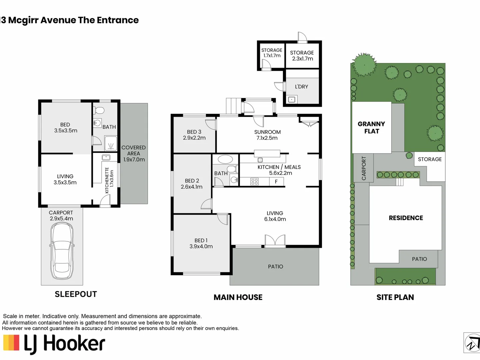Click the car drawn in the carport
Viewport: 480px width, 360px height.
pyautogui.click(x=62, y=251)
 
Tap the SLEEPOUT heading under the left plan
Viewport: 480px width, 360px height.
pyautogui.click(x=76, y=294)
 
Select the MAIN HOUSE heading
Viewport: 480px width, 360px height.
pyautogui.click(x=238, y=297)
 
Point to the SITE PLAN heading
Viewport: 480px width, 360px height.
pyautogui.click(x=395, y=297)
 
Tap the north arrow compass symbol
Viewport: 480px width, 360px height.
pyautogui.click(x=472, y=343)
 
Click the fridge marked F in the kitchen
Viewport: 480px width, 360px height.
pyautogui.click(x=276, y=181)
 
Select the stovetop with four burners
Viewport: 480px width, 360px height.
pyautogui.click(x=255, y=181)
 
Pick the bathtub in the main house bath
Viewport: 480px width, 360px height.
pyautogui.click(x=225, y=159)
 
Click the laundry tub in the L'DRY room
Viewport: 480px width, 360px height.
pyautogui.click(x=292, y=99)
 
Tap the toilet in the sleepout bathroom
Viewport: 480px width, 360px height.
pyautogui.click(x=99, y=110)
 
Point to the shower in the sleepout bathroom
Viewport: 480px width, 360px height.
pyautogui.click(x=111, y=143)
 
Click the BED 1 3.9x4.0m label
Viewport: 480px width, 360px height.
pyautogui.click(x=201, y=243)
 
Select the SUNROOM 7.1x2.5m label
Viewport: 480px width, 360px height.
pyautogui.click(x=267, y=135)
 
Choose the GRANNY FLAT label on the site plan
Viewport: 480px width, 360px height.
pyautogui.click(x=371, y=127)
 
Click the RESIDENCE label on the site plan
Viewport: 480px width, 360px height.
pyautogui.click(x=406, y=218)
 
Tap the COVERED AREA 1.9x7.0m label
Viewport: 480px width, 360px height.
pyautogui.click(x=134, y=153)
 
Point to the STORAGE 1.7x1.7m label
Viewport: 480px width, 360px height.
pyautogui.click(x=272, y=53)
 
